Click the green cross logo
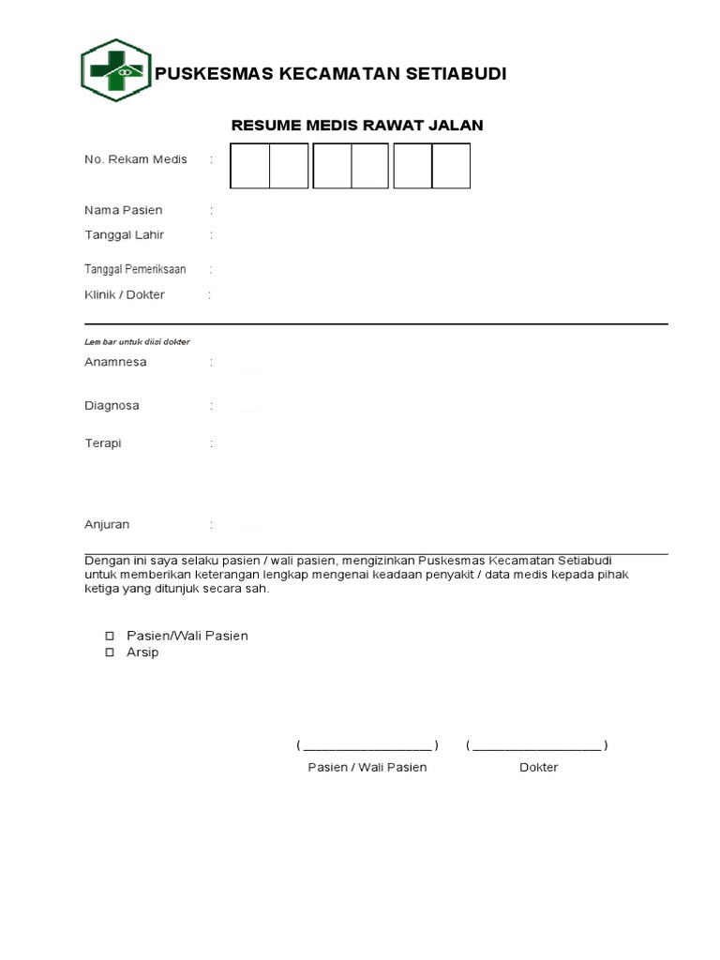(x=115, y=70)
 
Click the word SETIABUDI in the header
(x=458, y=74)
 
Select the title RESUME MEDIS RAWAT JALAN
(x=357, y=125)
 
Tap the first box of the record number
(x=250, y=166)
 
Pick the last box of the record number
(x=451, y=166)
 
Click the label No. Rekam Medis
(x=136, y=159)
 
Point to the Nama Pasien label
(x=124, y=210)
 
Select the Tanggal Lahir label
(x=125, y=234)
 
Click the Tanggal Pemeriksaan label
(x=135, y=269)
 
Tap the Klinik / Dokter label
(x=125, y=294)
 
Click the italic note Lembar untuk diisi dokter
(x=137, y=342)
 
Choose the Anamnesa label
(x=115, y=362)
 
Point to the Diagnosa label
(x=112, y=406)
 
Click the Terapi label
(x=103, y=443)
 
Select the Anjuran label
(x=107, y=525)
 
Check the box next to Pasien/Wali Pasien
(x=109, y=636)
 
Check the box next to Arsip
(x=109, y=652)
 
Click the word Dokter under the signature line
(x=538, y=767)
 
